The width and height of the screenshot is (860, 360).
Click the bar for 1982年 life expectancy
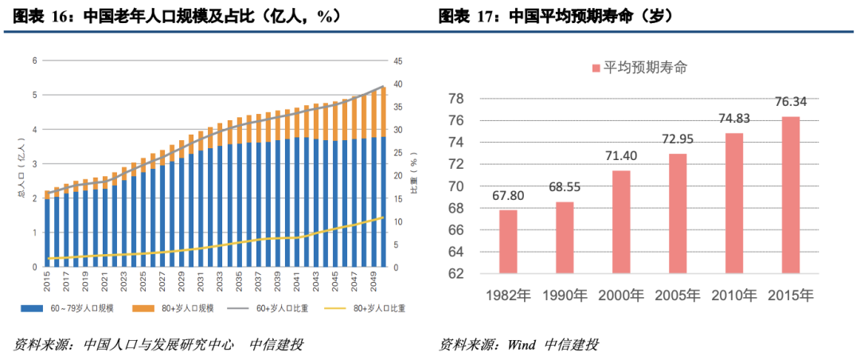[508, 241]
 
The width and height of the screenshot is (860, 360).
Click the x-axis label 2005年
[677, 295]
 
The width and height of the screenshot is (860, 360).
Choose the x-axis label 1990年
[565, 295]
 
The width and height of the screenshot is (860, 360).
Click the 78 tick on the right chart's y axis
[456, 99]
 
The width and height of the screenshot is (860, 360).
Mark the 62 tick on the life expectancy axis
[456, 273]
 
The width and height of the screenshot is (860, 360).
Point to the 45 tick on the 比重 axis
[399, 61]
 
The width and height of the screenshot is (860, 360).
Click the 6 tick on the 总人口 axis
[34, 61]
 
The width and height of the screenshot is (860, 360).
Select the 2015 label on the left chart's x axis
[47, 281]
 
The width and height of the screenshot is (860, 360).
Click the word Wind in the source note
[521, 344]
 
